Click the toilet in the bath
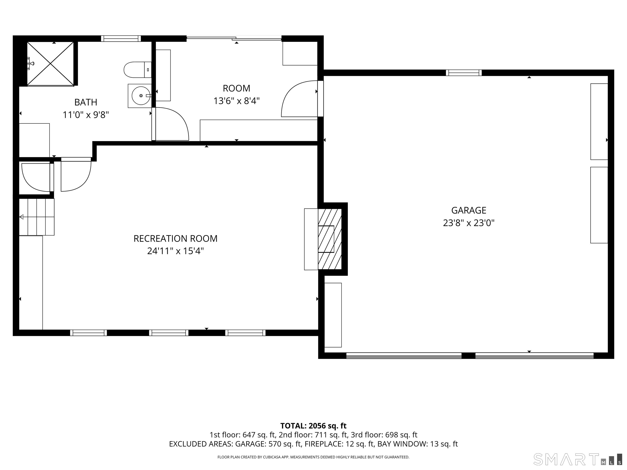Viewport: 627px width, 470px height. coord(138,70)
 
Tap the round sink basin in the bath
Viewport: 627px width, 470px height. coord(141,96)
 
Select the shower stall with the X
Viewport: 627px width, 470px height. coord(50,64)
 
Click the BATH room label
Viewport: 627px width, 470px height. coord(86,102)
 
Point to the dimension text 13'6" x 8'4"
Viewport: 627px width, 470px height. coord(236,101)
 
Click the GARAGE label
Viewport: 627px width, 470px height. coord(469,210)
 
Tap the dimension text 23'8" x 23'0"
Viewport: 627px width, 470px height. coord(469,223)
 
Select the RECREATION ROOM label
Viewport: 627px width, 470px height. coord(176,238)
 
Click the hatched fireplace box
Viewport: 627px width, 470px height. coord(330,239)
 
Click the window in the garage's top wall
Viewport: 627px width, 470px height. coord(464,73)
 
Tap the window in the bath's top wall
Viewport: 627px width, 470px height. coord(121,39)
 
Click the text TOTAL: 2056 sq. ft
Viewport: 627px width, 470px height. coord(313,426)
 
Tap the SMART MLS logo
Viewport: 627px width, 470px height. coord(577,459)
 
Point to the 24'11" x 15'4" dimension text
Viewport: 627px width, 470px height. coord(176,251)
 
